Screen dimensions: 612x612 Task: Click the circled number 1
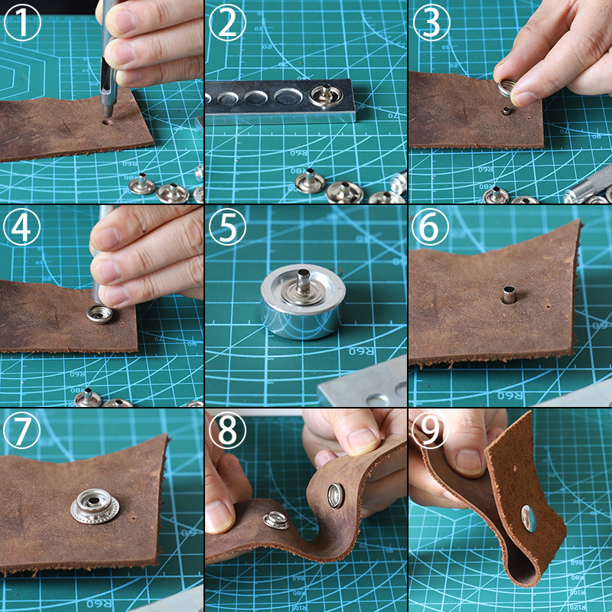[x=22, y=24]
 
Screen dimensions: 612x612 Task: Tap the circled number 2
[x=226, y=24]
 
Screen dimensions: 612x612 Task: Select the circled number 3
[x=431, y=24]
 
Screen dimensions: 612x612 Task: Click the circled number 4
[x=22, y=228]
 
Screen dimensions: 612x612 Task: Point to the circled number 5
[x=226, y=228]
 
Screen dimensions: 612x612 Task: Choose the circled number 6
[x=431, y=228]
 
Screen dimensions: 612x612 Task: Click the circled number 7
[x=22, y=432]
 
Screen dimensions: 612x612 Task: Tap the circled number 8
[x=226, y=432]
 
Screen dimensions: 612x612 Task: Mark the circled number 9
[x=431, y=432]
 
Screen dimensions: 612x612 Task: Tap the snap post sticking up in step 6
[x=509, y=294]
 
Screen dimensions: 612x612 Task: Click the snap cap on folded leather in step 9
[x=529, y=519]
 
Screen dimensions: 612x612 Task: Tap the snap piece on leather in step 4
[x=99, y=313]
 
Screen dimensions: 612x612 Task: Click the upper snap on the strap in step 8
[x=336, y=495]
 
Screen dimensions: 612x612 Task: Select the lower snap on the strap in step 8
[x=275, y=521]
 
